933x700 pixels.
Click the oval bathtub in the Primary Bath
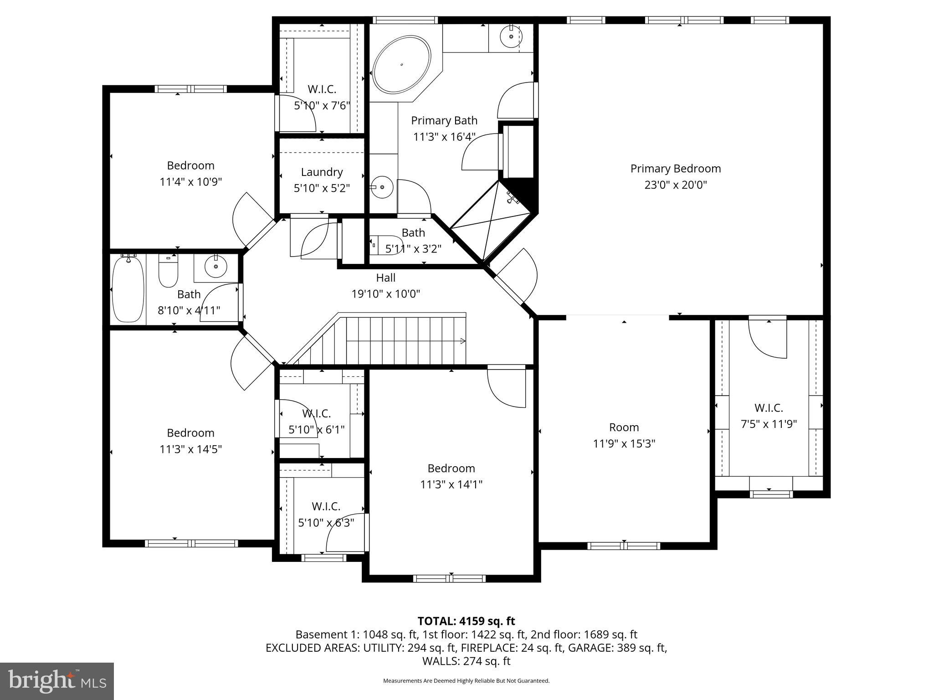[401, 65]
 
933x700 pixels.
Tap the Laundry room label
[322, 172]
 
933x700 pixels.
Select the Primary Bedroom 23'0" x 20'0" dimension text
[676, 185]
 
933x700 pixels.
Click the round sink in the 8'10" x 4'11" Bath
[215, 267]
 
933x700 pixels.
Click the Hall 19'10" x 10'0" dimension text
[385, 294]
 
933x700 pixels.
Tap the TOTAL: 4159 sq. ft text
[466, 621]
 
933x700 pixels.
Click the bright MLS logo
[56, 681]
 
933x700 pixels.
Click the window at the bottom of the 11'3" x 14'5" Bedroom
[191, 543]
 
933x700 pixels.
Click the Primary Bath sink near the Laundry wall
[382, 187]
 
